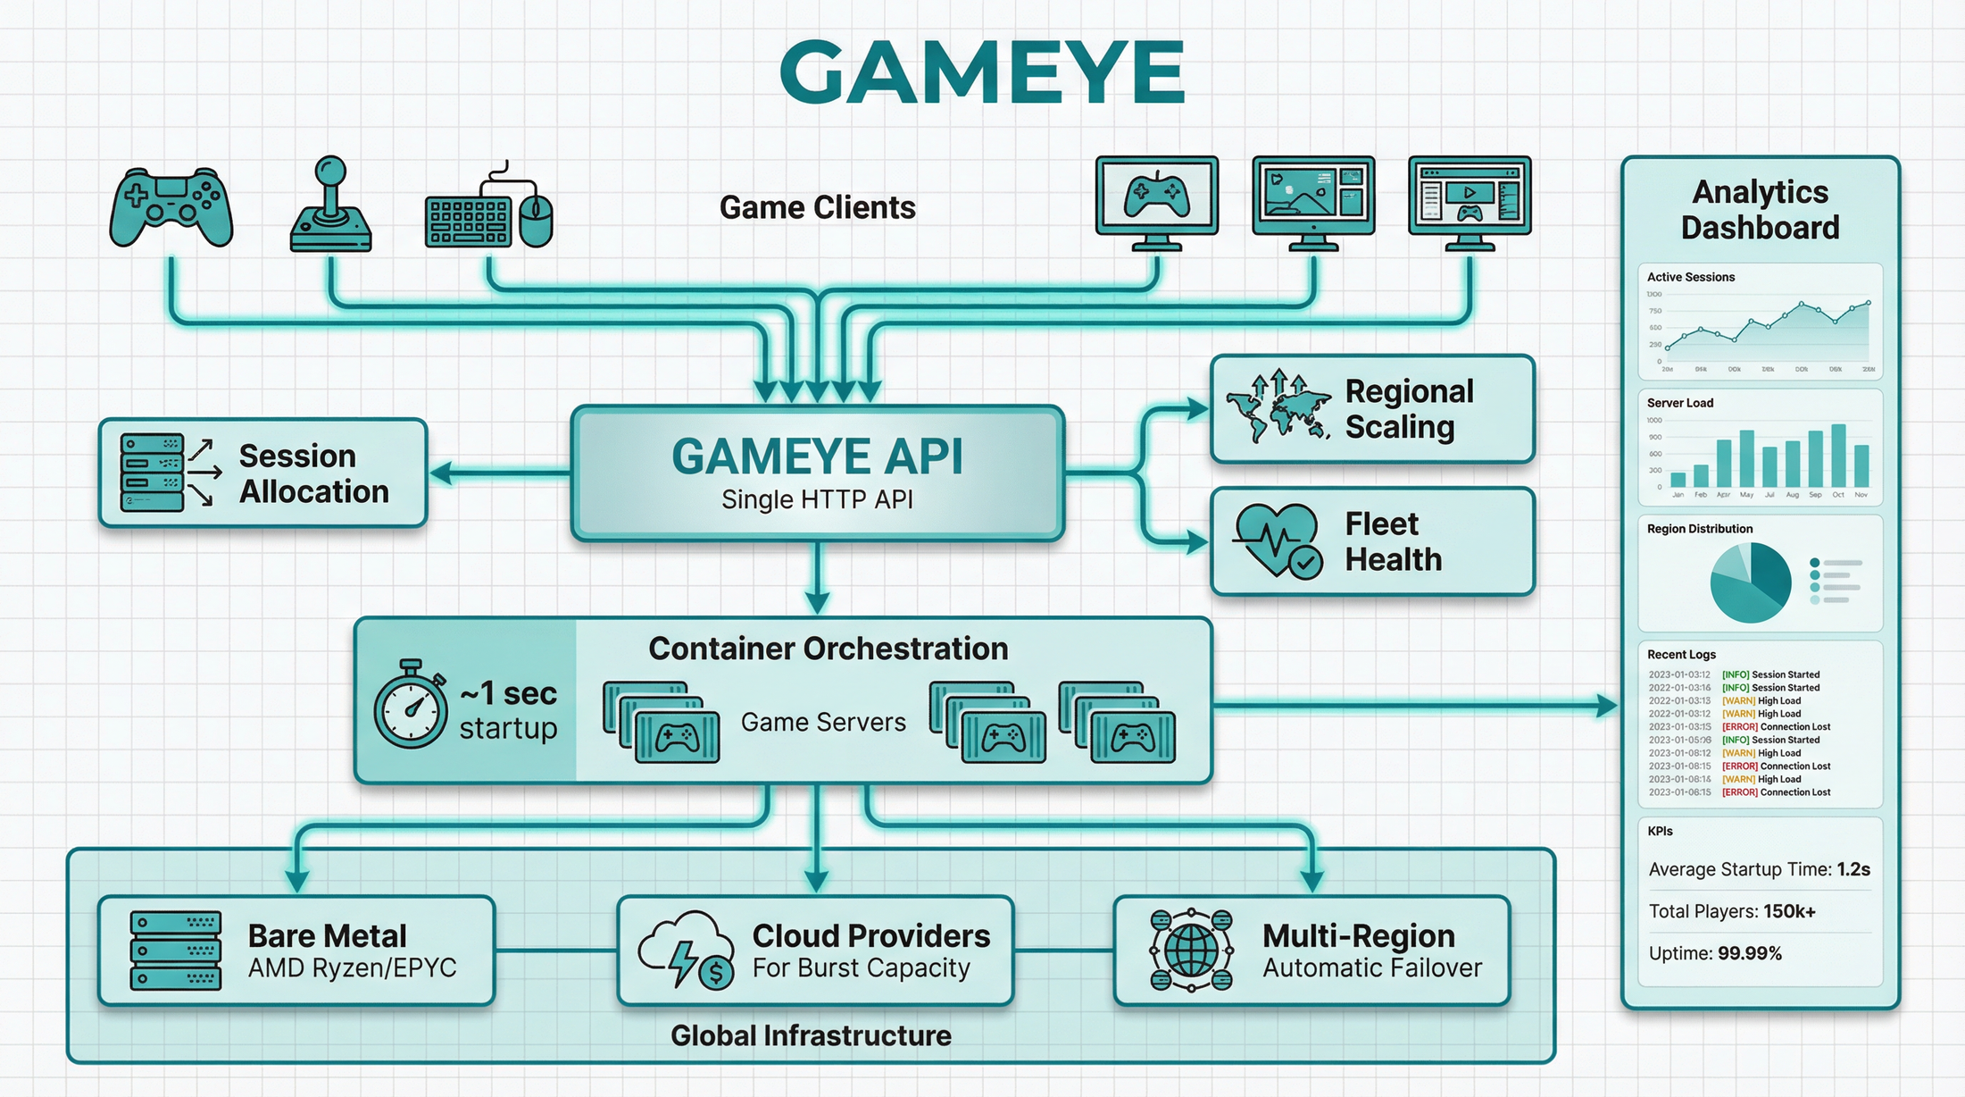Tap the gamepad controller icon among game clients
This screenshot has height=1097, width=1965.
171,206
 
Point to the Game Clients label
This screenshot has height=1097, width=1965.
817,207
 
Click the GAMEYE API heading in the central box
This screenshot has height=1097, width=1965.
817,456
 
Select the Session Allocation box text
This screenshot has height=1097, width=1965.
313,473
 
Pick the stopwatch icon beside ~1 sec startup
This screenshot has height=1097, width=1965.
411,706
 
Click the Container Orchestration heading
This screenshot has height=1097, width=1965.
828,649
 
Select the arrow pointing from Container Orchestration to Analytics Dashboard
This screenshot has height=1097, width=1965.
1420,706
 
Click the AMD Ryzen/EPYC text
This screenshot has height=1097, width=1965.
352,968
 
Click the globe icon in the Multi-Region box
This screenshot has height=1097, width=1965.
1191,950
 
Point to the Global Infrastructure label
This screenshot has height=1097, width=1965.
811,1035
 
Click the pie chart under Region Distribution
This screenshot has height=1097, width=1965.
1750,582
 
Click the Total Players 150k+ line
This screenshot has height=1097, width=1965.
1731,911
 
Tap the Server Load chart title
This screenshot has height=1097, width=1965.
1679,403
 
